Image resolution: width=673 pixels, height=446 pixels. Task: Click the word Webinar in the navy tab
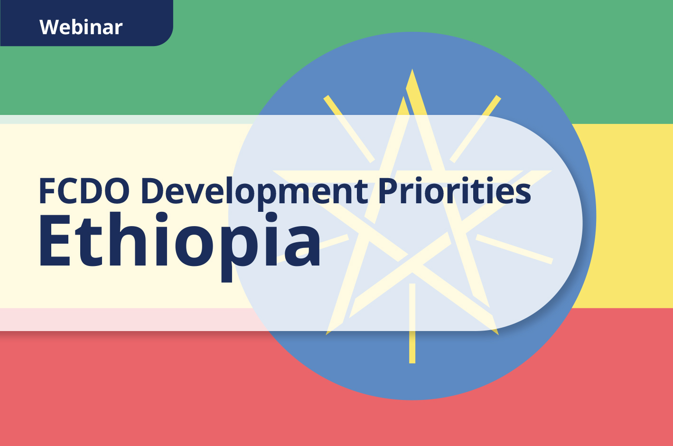pyautogui.click(x=81, y=27)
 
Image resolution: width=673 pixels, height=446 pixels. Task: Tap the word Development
pyautogui.click(x=254, y=191)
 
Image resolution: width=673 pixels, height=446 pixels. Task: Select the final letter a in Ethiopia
pyautogui.click(x=303, y=247)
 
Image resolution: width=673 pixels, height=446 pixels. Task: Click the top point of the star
pyautogui.click(x=412, y=74)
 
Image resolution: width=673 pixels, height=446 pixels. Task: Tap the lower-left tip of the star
pyautogui.click(x=329, y=332)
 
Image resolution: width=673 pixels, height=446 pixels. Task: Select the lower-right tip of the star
pyautogui.click(x=495, y=332)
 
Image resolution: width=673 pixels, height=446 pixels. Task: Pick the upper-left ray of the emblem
pyautogui.click(x=349, y=128)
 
